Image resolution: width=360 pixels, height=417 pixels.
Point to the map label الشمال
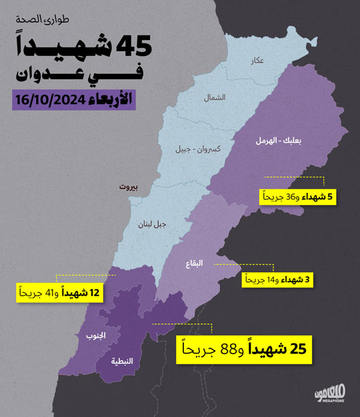point(215,97)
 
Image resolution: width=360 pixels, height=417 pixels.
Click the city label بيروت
point(128,188)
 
